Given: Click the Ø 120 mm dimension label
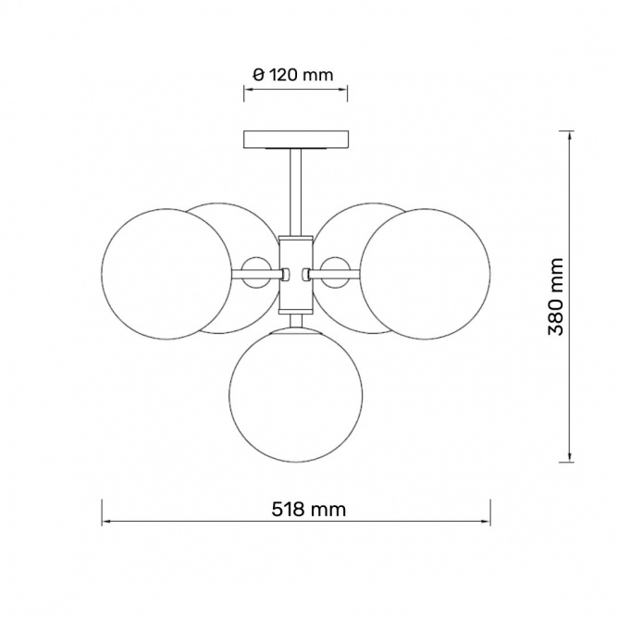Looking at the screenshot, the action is (x=293, y=75).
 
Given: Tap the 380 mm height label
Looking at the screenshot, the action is (x=556, y=296).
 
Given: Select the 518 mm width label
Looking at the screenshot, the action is (x=309, y=509).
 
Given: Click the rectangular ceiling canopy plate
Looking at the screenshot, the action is (x=296, y=140).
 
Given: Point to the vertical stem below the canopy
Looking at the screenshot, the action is (x=296, y=192).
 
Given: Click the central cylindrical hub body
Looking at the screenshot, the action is (x=296, y=275).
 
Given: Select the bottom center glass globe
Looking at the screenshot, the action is (x=295, y=396).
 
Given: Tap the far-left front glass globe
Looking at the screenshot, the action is (x=167, y=275).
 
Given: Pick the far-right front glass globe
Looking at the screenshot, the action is (x=426, y=275).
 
